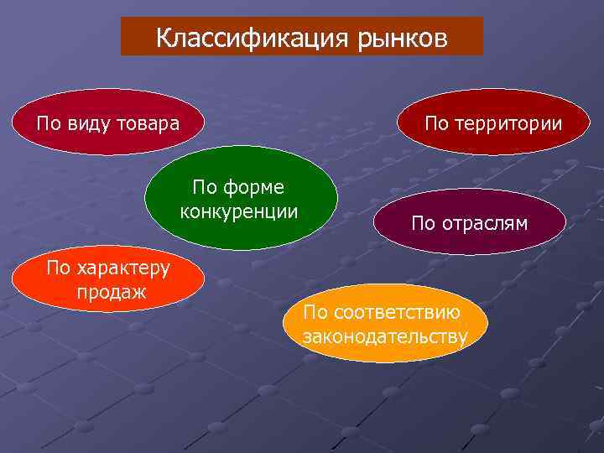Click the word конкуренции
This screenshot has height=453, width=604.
[x=239, y=209]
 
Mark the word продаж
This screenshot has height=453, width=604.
[x=110, y=291]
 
